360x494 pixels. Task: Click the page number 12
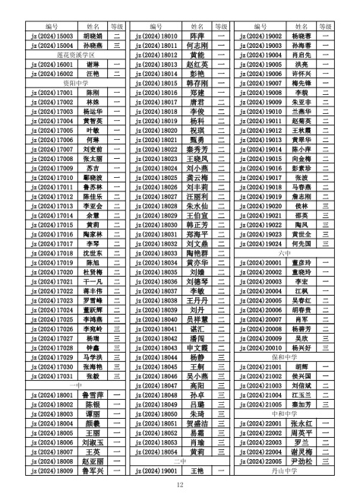click(x=180, y=484)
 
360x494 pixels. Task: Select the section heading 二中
click(x=180, y=460)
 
